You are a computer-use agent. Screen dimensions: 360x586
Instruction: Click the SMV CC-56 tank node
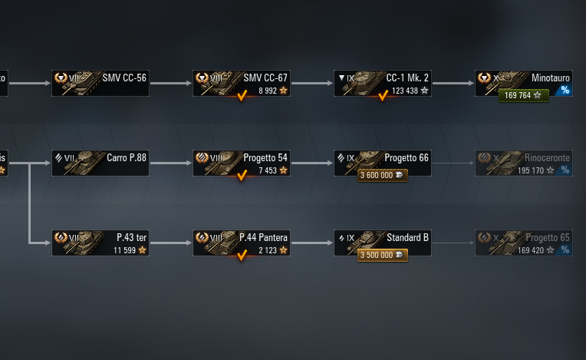(100, 83)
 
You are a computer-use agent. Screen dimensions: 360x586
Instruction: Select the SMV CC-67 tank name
(265, 78)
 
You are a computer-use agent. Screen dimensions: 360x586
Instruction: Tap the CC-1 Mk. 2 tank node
(382, 83)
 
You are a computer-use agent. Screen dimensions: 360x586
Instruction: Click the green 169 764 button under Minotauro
(524, 95)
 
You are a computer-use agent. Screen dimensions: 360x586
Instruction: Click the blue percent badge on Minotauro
(565, 90)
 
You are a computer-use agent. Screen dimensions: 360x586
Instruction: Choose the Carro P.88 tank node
(100, 163)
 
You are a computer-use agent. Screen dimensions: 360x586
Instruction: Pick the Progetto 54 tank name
(265, 158)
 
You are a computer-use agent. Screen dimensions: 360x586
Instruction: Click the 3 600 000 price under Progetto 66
(382, 175)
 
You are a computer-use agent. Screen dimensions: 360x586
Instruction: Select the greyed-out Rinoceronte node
(523, 163)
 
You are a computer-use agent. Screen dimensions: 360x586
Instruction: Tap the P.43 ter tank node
(100, 243)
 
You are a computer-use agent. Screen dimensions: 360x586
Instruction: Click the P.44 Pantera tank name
(263, 238)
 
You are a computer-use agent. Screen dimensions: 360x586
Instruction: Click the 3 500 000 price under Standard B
(382, 255)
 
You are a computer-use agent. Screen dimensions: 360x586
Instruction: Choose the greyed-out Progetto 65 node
(523, 243)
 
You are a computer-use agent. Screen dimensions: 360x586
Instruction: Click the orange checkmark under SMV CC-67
(242, 96)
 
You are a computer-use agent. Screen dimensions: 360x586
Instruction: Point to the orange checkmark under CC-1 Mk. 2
(383, 96)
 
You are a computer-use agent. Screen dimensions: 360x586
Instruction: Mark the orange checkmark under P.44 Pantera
(242, 256)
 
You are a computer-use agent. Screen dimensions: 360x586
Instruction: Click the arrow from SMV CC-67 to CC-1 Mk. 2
(312, 83)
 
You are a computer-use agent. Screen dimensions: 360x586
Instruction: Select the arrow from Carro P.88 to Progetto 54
(171, 163)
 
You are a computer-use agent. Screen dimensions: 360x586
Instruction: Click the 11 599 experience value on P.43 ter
(125, 250)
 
